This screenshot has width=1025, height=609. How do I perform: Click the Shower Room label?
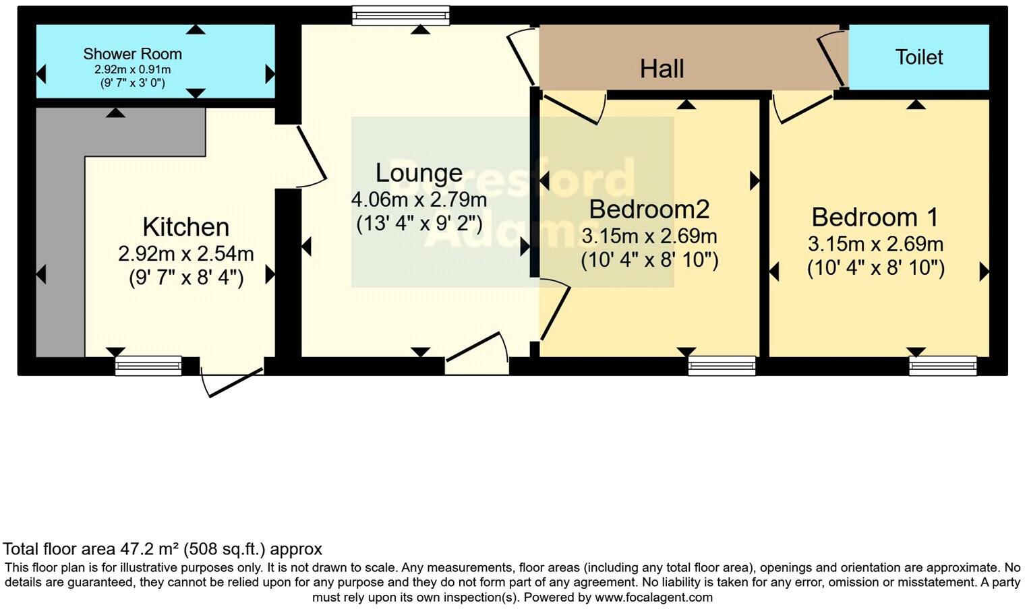point(132,54)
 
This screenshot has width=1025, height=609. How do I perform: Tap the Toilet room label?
point(918,57)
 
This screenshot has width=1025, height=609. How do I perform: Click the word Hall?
point(662,69)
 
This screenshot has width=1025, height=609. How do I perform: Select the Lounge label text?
point(419,173)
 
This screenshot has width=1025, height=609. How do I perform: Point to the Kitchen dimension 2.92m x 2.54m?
point(185,254)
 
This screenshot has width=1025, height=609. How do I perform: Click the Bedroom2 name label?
point(649,210)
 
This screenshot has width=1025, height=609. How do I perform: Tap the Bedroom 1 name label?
point(875,218)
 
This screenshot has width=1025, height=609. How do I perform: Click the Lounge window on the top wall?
point(401,15)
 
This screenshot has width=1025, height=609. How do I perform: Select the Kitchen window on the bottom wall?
point(148,366)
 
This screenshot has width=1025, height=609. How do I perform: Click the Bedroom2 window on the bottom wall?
point(722,366)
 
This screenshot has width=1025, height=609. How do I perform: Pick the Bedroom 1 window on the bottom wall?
point(942,366)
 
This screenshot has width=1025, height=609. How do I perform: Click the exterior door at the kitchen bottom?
point(231,381)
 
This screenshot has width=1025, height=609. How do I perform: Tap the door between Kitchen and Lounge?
point(309,154)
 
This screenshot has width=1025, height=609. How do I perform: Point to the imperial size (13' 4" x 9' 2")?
point(419,223)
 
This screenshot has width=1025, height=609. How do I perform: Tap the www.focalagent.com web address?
point(653,597)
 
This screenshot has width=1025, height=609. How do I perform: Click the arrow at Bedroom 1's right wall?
point(984,271)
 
